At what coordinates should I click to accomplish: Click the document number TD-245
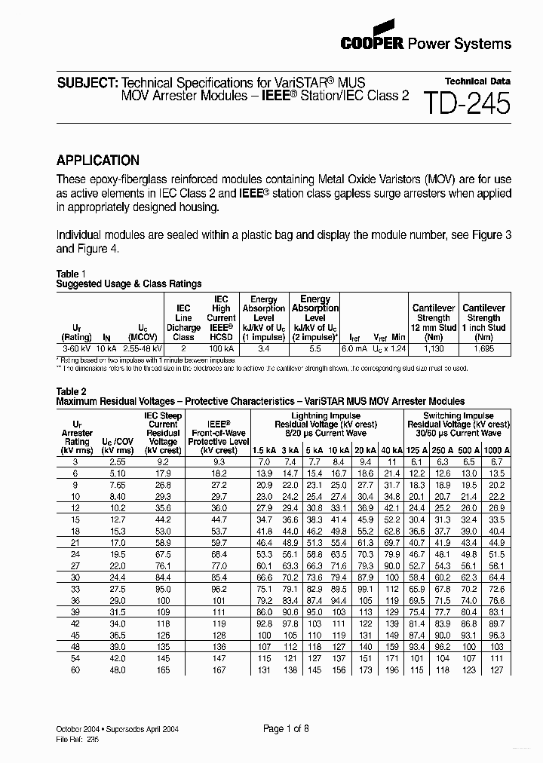467,103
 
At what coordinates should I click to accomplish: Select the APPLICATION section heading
98,160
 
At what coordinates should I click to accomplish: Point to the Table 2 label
72,391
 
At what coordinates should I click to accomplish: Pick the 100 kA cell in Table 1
221,350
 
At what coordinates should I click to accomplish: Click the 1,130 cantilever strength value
434,350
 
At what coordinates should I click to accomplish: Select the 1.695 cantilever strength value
483,350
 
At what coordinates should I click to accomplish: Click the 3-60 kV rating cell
76,350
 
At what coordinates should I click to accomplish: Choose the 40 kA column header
391,450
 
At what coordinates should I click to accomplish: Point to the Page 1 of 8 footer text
286,728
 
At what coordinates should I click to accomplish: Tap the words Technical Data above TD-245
477,81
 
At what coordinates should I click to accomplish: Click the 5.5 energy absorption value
314,350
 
